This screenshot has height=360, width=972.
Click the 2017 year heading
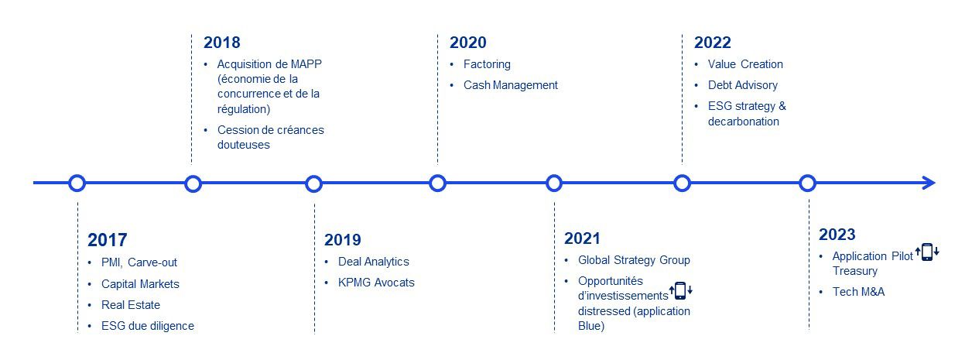point(107,240)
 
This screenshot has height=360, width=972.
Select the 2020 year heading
point(467,43)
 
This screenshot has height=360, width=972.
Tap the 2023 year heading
point(837,235)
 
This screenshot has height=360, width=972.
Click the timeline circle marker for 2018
point(193,183)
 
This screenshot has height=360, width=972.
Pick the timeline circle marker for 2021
point(554,183)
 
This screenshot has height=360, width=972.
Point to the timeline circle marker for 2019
point(313,183)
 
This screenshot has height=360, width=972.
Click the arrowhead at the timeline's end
point(929,183)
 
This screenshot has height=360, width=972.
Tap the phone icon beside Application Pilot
point(927,252)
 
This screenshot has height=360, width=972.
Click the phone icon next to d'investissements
point(680,290)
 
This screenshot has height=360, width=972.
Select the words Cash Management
point(510,85)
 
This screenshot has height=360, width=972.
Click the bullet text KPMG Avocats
point(376,283)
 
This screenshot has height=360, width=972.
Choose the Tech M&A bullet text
point(858,292)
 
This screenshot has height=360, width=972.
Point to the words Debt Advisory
point(742,85)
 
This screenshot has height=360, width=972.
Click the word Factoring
point(487,65)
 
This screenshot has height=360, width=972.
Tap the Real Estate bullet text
point(131,305)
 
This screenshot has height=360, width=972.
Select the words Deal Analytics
point(374,262)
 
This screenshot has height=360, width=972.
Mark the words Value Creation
point(745,64)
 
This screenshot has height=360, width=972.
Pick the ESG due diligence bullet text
point(148,326)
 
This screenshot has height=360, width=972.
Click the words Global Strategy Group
point(634,260)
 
